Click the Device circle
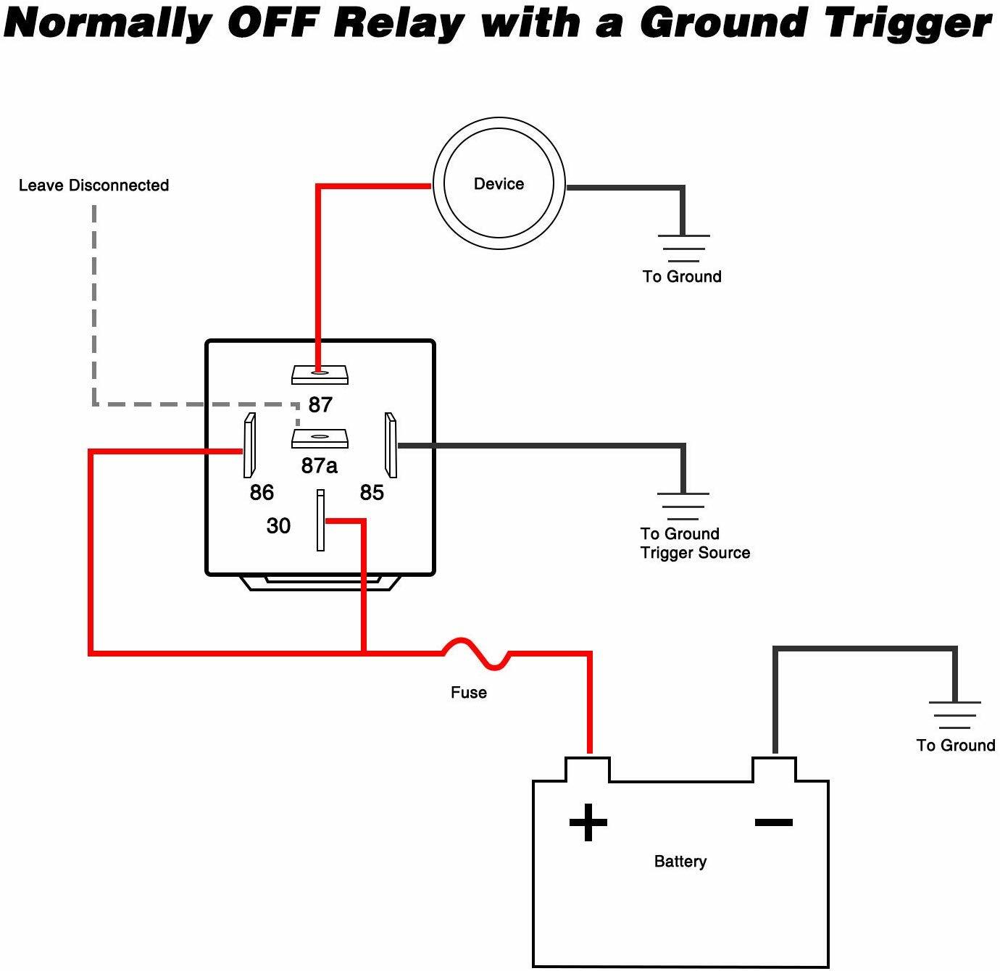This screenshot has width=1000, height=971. click(499, 183)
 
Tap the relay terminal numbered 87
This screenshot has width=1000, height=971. click(320, 375)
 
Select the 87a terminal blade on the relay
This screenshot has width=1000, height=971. click(320, 438)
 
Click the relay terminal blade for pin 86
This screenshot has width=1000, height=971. click(249, 445)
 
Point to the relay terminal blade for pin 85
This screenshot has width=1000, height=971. click(391, 445)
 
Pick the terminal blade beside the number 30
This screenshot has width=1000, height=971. click(320, 520)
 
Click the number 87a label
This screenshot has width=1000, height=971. click(320, 465)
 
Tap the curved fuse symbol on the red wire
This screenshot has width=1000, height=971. click(477, 652)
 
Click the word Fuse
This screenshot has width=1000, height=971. click(469, 693)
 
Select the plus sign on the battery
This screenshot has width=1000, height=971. click(588, 822)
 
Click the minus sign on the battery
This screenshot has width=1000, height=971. click(774, 822)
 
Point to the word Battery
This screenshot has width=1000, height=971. click(680, 862)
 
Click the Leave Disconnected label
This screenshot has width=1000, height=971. click(93, 186)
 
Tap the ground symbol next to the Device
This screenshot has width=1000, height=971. click(683, 248)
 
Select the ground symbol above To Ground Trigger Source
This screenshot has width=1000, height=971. click(683, 506)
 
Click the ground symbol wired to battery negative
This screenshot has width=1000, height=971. click(954, 714)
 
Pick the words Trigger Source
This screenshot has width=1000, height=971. click(695, 553)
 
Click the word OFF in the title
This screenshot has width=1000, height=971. click(273, 23)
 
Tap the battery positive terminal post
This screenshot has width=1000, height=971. click(588, 768)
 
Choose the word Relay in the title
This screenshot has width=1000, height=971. click(399, 23)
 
